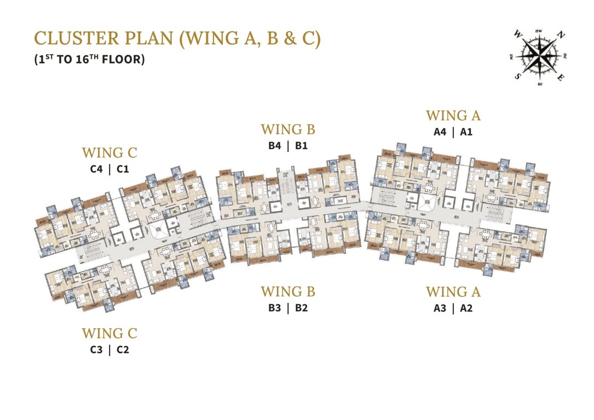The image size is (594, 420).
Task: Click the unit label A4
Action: coord(440,132)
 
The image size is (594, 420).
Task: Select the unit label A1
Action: coord(466,132)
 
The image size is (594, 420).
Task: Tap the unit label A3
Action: coord(440,308)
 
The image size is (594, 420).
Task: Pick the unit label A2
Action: coord(466,308)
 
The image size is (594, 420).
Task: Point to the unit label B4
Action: coord(275,146)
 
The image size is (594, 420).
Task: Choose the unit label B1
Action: coord(301,146)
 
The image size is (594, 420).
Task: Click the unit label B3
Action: coord(275,308)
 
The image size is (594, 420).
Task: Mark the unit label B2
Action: coord(301,308)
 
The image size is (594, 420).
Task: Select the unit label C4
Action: coord(96,169)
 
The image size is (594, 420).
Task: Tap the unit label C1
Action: coord(123,169)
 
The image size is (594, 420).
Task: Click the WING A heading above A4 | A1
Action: coord(453,115)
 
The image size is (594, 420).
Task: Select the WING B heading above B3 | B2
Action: coord(288,291)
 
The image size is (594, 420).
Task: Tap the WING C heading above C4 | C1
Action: coord(109,153)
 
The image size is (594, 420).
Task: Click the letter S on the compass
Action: coord(517,77)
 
